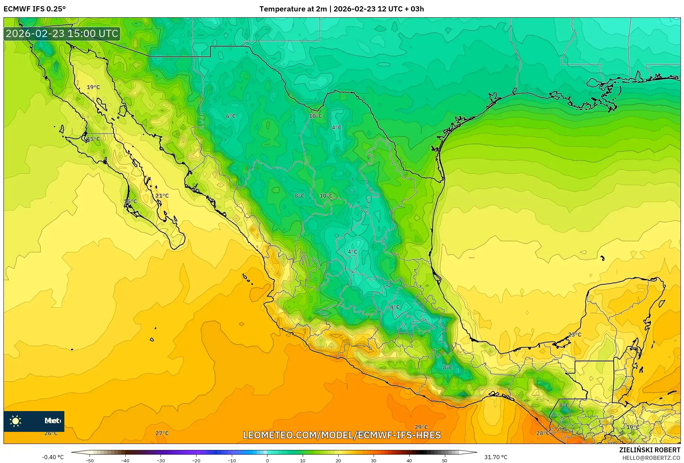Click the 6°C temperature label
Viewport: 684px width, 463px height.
[x=231, y=116]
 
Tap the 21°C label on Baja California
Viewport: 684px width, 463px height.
[x=162, y=196]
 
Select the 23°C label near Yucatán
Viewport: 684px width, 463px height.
[x=575, y=335]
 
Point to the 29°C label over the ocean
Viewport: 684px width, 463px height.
[x=421, y=427]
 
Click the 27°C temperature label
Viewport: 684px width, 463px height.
[x=162, y=433]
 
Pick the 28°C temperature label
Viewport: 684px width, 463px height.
[x=542, y=433]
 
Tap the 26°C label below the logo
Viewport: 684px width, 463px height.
[x=51, y=433]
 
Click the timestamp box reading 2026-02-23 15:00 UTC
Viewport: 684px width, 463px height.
[x=62, y=34]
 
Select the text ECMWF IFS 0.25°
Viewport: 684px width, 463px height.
[x=35, y=9]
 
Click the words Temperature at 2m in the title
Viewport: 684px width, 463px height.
[x=293, y=9]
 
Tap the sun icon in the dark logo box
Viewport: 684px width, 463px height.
[x=16, y=421]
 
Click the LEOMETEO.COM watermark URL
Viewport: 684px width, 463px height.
[x=342, y=435]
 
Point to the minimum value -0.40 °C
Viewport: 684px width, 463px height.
[x=53, y=457]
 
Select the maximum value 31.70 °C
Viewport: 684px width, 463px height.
[x=495, y=457]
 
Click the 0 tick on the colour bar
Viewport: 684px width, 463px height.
[x=267, y=460]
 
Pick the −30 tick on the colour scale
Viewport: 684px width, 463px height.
[x=161, y=460]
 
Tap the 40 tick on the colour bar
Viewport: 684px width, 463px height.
[x=409, y=460]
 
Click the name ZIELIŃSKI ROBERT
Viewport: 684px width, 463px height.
[x=649, y=450]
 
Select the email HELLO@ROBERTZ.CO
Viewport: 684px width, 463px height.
[x=651, y=458]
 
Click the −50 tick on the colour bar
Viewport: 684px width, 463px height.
[x=90, y=460]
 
